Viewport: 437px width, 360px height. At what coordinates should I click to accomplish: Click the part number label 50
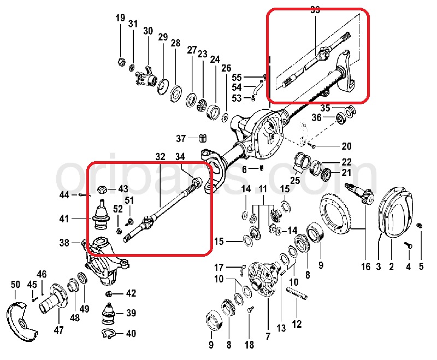point(15,285)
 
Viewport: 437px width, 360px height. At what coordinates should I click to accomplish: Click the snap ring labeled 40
point(110,333)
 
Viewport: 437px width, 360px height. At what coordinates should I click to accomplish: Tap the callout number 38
point(64,243)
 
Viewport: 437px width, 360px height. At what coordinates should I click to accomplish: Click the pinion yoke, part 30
point(146,76)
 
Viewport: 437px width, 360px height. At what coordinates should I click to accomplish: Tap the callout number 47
point(58,329)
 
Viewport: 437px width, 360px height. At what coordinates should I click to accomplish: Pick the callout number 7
point(268,337)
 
